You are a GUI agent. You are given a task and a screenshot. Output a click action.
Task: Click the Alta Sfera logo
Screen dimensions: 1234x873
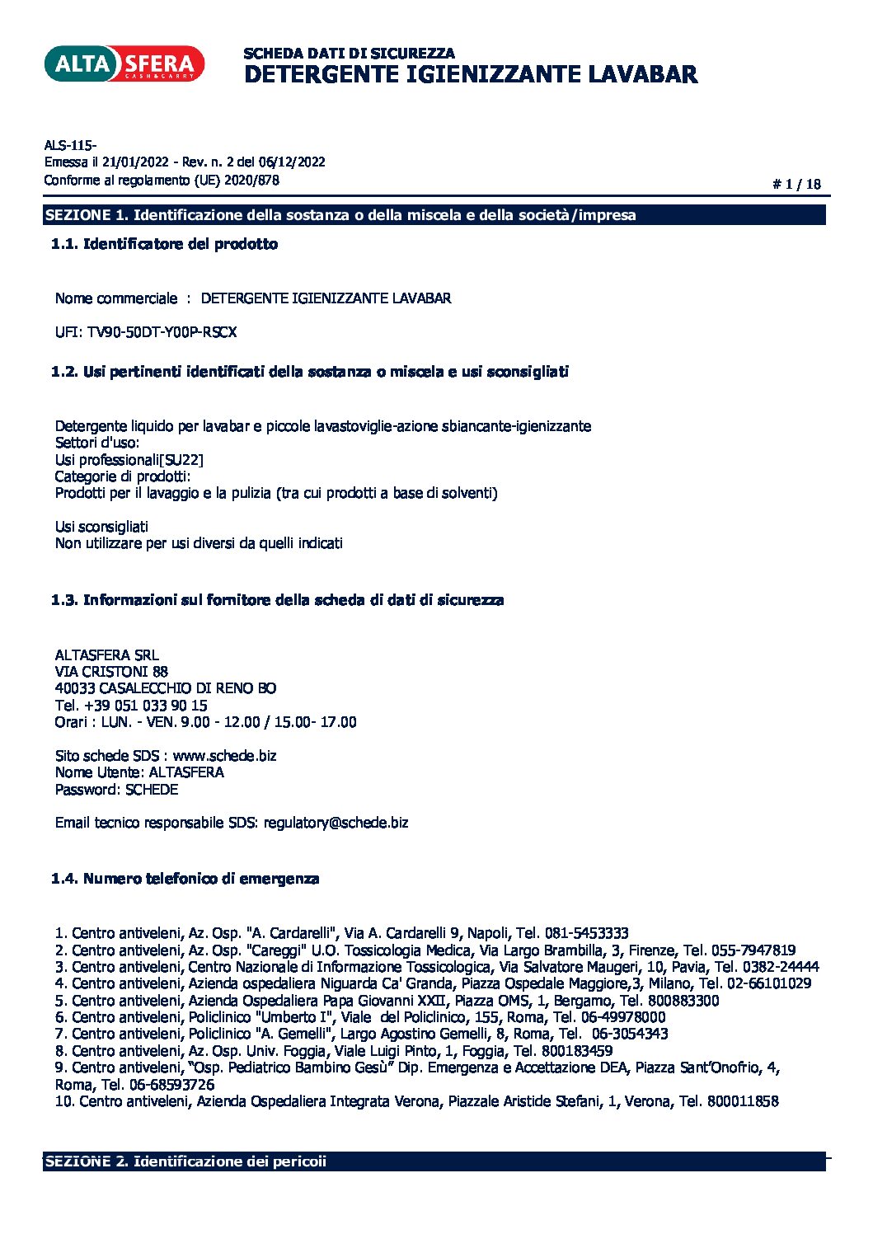click(x=124, y=63)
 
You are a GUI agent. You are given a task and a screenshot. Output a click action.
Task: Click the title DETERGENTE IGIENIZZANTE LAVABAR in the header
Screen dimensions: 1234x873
click(x=471, y=74)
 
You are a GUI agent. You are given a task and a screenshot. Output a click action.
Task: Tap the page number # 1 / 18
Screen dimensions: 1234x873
click(x=796, y=184)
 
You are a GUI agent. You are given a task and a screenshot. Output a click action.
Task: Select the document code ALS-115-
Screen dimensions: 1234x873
click(x=70, y=145)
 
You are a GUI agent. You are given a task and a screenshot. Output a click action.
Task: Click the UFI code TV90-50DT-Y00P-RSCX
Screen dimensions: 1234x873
click(x=162, y=332)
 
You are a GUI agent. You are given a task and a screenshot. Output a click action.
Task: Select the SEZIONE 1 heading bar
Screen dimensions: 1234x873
click(x=434, y=215)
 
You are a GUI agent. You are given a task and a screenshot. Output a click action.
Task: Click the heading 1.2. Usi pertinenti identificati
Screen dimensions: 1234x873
click(x=310, y=372)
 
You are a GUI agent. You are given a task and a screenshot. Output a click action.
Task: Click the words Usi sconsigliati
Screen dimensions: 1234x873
click(x=101, y=527)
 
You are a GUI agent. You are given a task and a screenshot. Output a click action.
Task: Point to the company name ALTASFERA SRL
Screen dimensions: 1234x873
click(x=106, y=655)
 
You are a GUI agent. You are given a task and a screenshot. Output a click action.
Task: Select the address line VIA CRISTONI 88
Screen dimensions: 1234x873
click(x=111, y=672)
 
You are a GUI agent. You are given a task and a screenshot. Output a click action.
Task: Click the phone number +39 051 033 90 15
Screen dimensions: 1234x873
click(x=145, y=706)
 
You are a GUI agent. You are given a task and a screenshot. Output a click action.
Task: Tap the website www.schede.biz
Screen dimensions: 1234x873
click(x=224, y=756)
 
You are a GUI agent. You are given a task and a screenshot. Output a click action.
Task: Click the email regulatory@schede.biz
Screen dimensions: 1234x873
click(x=336, y=823)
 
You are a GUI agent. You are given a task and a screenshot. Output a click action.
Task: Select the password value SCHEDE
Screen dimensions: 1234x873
click(x=152, y=790)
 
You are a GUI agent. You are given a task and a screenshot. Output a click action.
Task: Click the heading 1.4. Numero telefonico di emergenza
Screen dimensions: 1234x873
click(x=185, y=879)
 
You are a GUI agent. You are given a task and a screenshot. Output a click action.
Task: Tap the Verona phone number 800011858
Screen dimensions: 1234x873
click(x=742, y=1101)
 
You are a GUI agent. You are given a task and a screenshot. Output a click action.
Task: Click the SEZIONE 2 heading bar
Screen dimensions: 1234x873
click(x=434, y=1161)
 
